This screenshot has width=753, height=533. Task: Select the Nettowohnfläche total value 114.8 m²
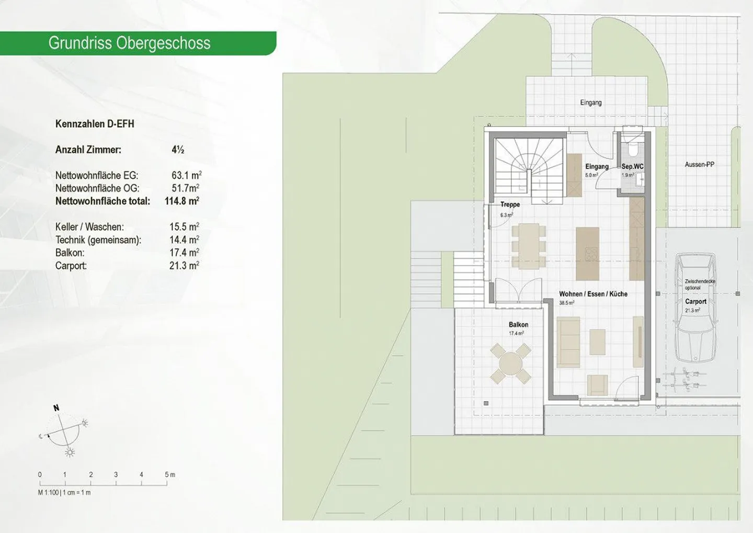click(x=182, y=201)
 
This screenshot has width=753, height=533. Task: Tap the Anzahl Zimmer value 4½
click(x=178, y=150)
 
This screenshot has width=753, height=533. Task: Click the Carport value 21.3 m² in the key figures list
click(x=184, y=266)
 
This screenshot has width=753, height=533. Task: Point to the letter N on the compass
click(x=56, y=408)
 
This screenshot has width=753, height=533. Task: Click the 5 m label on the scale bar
click(x=170, y=475)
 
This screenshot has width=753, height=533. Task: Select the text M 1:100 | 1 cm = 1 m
click(x=64, y=493)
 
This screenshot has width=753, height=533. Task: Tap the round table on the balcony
click(x=511, y=363)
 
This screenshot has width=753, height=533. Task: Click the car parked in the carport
click(x=695, y=309)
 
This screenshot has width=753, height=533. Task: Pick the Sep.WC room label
click(x=632, y=167)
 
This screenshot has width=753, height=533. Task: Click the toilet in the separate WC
click(x=633, y=150)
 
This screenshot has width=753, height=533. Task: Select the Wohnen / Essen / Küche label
click(x=593, y=294)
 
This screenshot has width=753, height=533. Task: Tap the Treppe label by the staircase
click(x=510, y=205)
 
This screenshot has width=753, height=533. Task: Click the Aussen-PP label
click(x=699, y=164)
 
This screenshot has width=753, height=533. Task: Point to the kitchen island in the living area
click(x=587, y=253)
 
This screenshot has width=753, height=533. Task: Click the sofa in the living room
click(x=568, y=342)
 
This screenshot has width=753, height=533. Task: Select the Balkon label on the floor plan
click(x=518, y=325)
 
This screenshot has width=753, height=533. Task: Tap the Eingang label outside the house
click(x=591, y=103)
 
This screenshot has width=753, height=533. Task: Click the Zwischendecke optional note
click(x=700, y=285)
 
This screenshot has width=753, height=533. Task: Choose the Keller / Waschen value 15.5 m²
click(x=184, y=227)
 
